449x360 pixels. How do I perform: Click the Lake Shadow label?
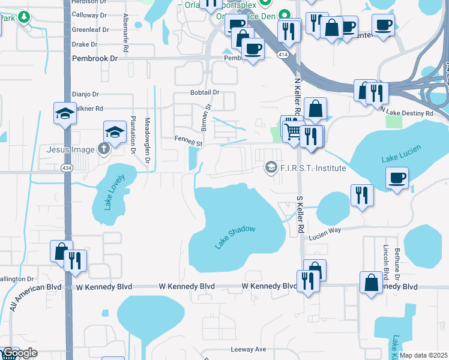(x=235, y=238)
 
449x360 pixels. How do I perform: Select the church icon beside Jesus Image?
(x=104, y=149)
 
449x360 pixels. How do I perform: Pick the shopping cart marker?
(x=293, y=131)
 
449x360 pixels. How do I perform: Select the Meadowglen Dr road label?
(x=147, y=140)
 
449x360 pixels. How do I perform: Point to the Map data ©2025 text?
(x=424, y=356)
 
